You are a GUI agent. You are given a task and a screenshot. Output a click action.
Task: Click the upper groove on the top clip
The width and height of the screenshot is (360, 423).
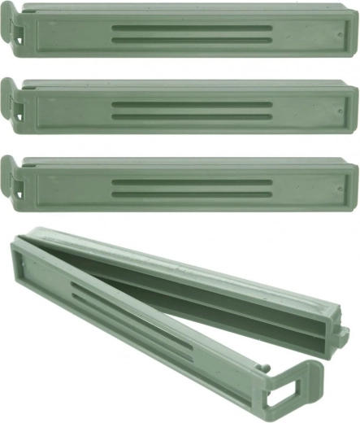[192, 27]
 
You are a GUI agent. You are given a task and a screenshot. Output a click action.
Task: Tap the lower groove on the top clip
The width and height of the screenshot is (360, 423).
[192, 38]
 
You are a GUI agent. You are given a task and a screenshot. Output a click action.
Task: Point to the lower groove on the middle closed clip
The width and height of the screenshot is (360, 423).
[192, 116]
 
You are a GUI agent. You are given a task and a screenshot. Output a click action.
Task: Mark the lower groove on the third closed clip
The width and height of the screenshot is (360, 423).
[192, 193]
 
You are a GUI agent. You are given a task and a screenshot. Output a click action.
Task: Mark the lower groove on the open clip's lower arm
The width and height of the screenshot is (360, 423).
[130, 334]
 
